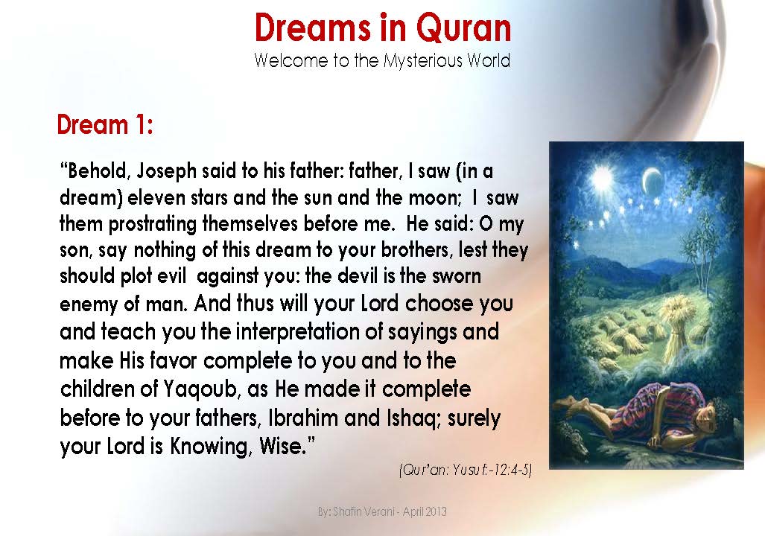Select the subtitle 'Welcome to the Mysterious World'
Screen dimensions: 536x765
click(x=382, y=60)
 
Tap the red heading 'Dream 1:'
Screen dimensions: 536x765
click(x=105, y=124)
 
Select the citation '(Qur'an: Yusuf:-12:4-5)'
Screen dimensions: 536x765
click(x=464, y=470)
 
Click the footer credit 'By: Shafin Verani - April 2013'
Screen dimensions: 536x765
click(x=381, y=512)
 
